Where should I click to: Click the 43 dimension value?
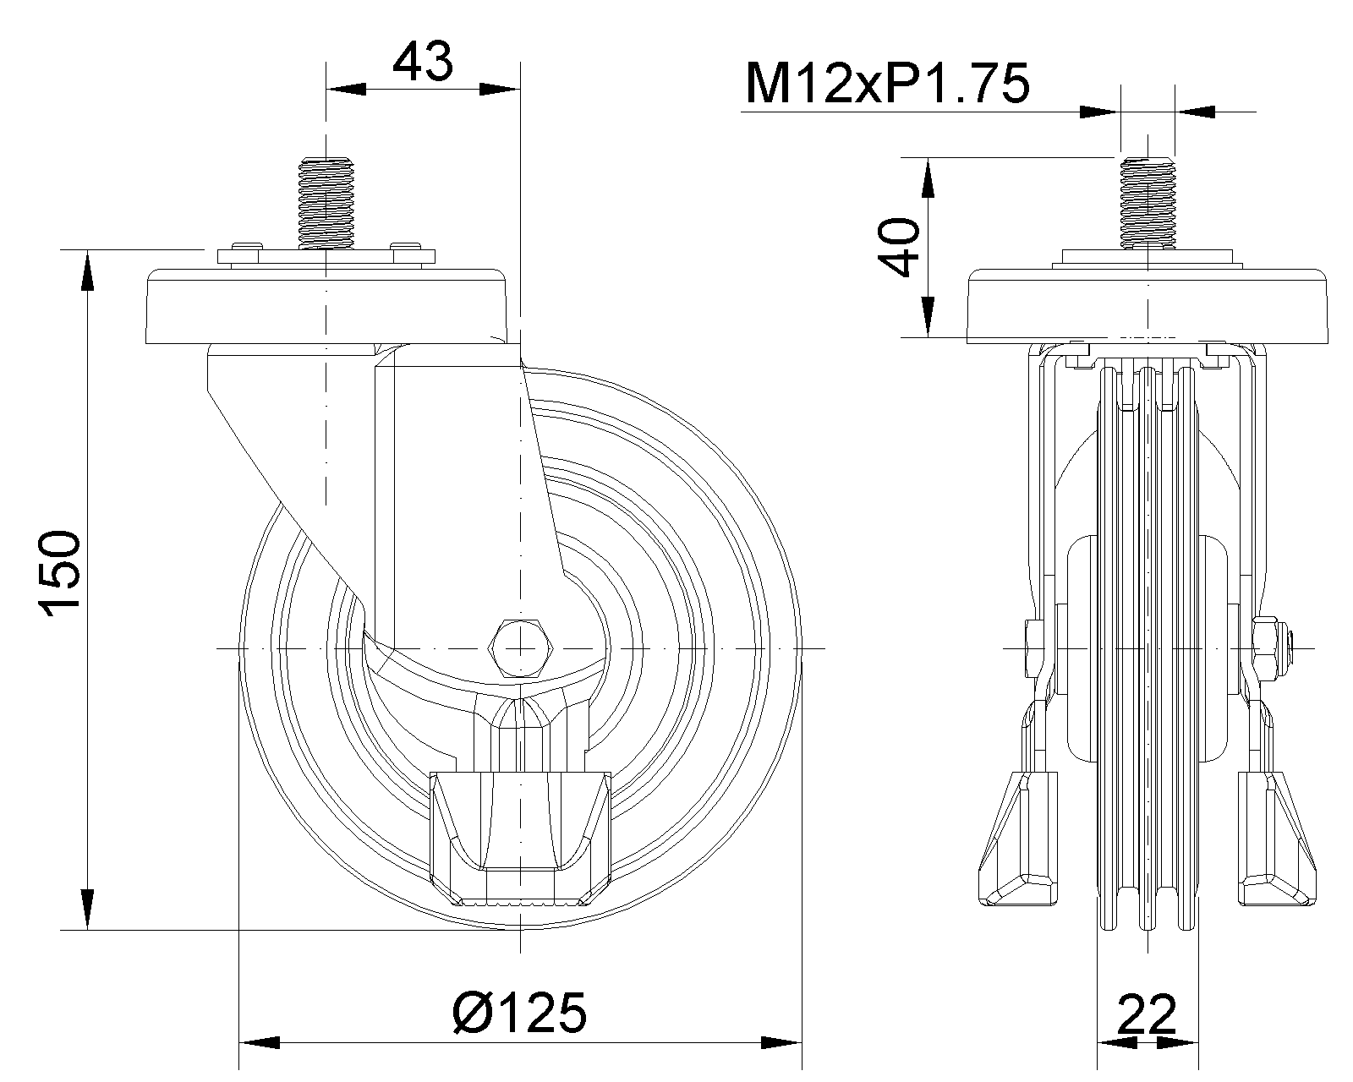click(423, 62)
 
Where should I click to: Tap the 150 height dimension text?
click(60, 570)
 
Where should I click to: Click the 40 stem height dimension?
click(899, 247)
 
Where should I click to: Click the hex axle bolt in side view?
click(521, 648)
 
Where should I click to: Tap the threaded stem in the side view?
click(326, 202)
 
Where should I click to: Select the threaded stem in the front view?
click(1148, 202)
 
